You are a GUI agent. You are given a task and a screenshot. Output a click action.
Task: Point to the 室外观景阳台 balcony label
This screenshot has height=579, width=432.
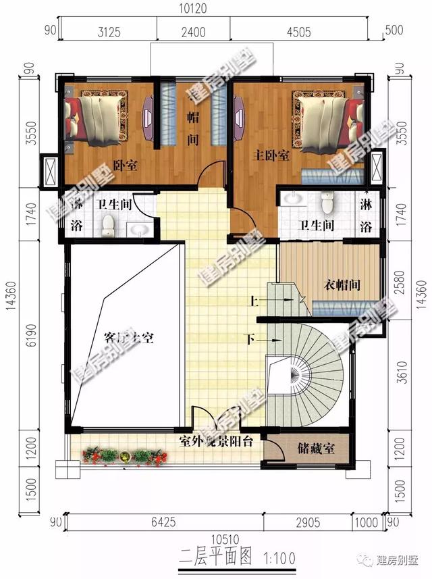[216, 442]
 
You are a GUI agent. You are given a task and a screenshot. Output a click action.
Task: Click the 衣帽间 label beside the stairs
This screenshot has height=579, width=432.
[339, 285]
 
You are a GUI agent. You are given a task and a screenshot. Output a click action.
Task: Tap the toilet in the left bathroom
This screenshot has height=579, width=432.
[108, 228]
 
